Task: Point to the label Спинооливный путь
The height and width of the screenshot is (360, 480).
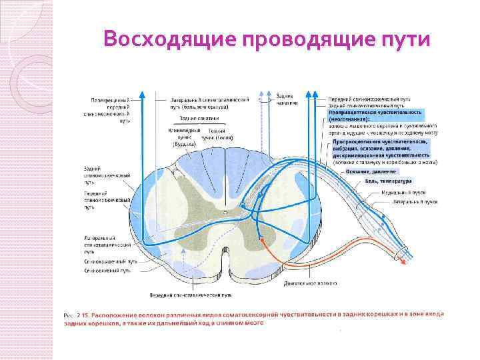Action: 105,272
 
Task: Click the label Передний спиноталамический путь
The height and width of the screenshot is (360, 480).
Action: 191,294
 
